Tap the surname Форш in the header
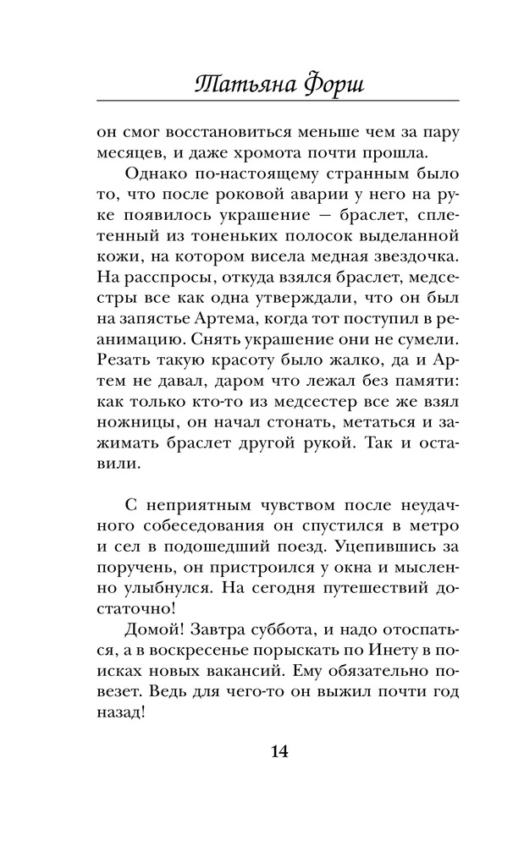335,83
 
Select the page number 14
279,751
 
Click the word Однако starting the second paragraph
155,174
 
